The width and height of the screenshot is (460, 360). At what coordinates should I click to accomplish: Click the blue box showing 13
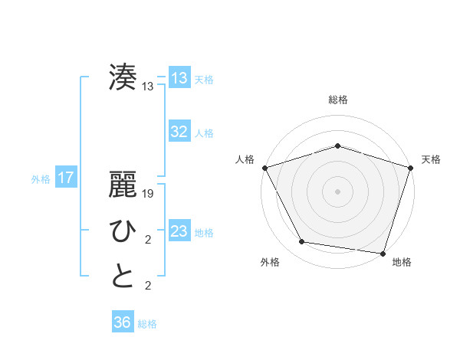click(179, 78)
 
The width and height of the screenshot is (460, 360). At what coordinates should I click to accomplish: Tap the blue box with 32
click(179, 132)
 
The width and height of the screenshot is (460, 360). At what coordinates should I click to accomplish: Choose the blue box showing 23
click(179, 231)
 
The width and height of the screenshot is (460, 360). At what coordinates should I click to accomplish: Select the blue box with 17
click(66, 178)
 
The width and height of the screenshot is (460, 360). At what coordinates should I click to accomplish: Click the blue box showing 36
click(123, 322)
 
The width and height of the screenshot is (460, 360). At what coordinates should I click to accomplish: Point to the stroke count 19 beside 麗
click(148, 195)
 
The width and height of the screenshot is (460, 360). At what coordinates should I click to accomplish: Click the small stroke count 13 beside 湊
click(148, 87)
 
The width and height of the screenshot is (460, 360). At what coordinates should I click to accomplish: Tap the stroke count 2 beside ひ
click(148, 241)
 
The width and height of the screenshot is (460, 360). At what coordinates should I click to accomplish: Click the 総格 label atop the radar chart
click(337, 100)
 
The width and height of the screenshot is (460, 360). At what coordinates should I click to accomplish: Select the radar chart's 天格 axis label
click(432, 159)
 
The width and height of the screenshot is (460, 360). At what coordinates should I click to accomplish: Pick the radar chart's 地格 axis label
click(402, 262)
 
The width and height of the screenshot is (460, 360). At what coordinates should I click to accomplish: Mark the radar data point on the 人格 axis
click(264, 167)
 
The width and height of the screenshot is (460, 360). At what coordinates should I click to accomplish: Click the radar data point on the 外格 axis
click(302, 242)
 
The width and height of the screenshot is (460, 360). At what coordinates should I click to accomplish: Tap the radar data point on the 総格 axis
click(337, 146)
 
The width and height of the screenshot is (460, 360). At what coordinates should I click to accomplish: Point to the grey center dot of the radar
click(337, 191)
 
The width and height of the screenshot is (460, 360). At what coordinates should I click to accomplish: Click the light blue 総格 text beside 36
click(147, 324)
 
